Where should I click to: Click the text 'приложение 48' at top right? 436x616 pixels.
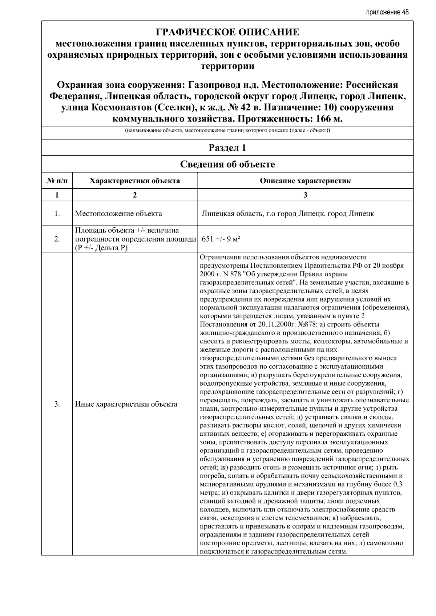click(387, 12)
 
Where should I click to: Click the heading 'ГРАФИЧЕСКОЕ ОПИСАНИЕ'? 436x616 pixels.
click(227, 32)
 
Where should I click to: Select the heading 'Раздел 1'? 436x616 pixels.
click(227, 148)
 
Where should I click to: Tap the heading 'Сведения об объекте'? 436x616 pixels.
click(227, 164)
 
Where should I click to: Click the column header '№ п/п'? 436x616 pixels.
click(57, 181)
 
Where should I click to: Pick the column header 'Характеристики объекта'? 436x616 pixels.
click(135, 181)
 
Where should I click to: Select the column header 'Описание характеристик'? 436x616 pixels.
click(305, 181)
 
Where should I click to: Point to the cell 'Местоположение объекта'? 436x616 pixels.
click(118, 213)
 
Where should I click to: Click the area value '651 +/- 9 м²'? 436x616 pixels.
click(221, 239)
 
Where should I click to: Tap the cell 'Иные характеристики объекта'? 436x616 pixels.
click(126, 404)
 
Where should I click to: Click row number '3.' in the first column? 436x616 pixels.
click(57, 404)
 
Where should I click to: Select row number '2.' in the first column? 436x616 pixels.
click(57, 239)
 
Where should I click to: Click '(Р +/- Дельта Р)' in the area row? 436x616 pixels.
click(101, 248)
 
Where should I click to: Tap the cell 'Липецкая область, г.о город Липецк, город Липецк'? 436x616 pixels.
click(288, 213)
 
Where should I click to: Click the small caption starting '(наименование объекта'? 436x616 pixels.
click(227, 130)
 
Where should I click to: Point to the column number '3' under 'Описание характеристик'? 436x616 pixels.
click(305, 195)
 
